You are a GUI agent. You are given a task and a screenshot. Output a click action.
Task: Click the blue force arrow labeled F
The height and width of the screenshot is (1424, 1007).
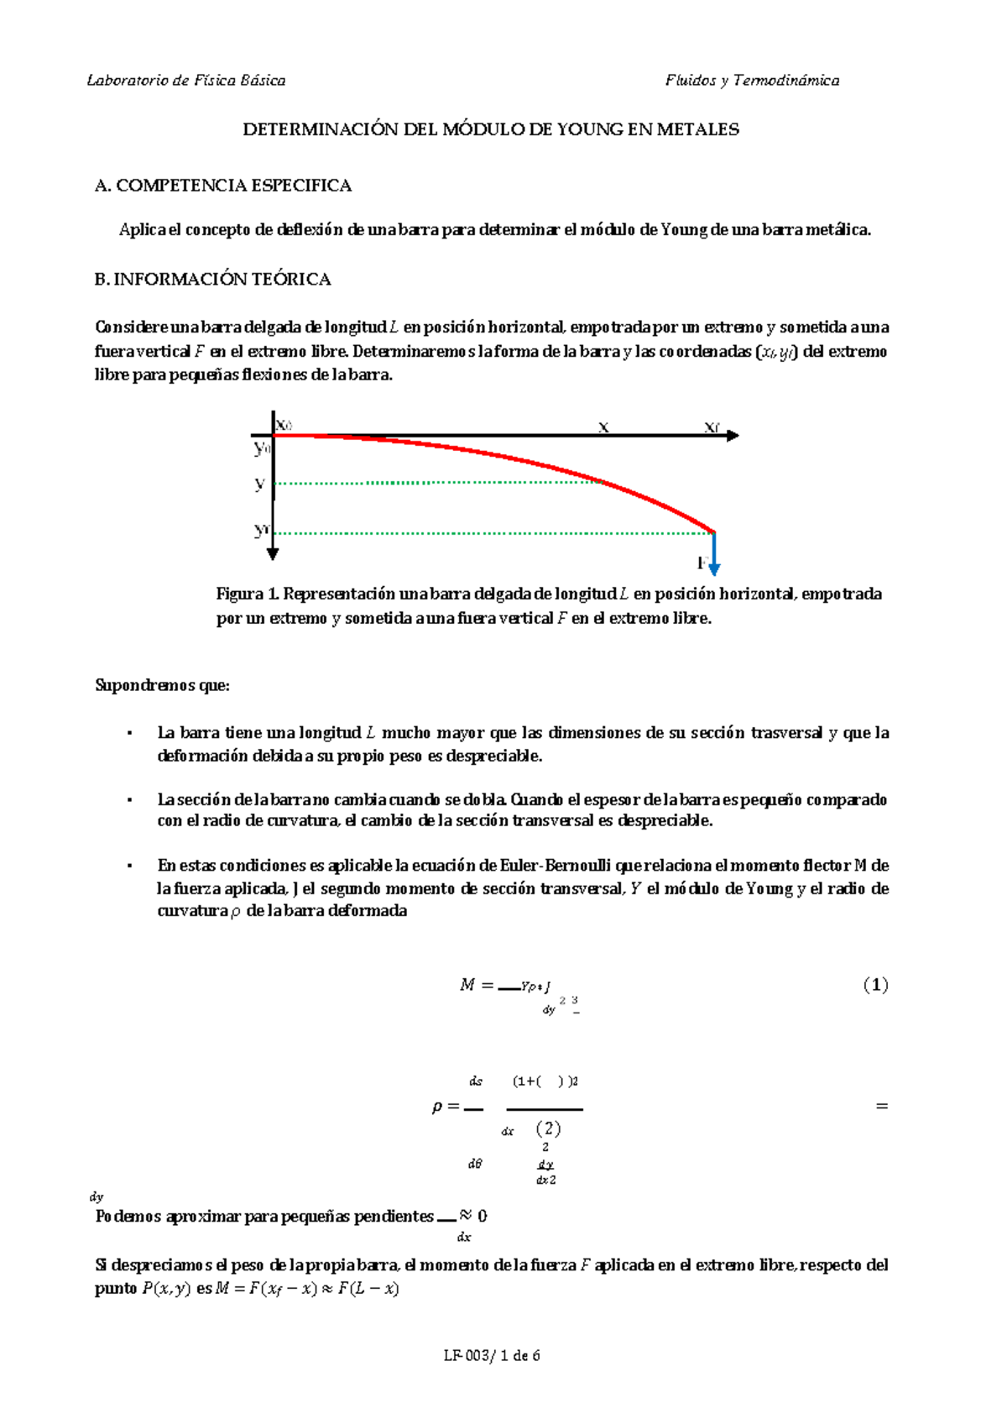pyautogui.click(x=714, y=554)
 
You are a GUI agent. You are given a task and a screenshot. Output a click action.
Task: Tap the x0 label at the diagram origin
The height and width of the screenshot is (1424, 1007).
pyautogui.click(x=284, y=426)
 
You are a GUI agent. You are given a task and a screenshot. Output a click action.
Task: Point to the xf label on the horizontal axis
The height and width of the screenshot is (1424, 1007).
pyautogui.click(x=712, y=427)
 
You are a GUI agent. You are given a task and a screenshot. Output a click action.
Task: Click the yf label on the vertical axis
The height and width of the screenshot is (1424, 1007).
pyautogui.click(x=262, y=530)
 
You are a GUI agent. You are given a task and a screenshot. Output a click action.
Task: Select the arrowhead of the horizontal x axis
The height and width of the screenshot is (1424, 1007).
pyautogui.click(x=733, y=436)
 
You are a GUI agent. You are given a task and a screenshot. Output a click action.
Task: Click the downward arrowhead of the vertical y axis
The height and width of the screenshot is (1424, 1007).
pyautogui.click(x=273, y=553)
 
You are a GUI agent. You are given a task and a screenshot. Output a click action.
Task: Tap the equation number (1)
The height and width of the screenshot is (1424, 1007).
pyautogui.click(x=875, y=985)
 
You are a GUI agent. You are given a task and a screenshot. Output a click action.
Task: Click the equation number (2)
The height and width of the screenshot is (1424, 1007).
pyautogui.click(x=548, y=1128)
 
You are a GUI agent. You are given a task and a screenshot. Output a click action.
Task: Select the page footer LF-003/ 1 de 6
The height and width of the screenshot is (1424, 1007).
pyautogui.click(x=492, y=1355)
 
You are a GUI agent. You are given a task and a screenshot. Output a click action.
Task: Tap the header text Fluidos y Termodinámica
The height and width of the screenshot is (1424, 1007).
pyautogui.click(x=752, y=81)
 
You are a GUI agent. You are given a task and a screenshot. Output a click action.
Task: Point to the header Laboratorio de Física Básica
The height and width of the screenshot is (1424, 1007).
pyautogui.click(x=186, y=81)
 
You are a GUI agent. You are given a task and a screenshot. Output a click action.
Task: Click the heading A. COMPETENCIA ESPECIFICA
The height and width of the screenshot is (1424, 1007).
pyautogui.click(x=223, y=186)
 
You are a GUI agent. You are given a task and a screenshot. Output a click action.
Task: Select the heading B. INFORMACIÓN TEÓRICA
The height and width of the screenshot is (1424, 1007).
pyautogui.click(x=213, y=280)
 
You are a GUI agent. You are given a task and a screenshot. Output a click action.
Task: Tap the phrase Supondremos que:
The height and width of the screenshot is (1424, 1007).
pyautogui.click(x=162, y=685)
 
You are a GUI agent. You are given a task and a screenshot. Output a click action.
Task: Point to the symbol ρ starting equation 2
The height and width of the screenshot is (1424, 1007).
pyautogui.click(x=437, y=1107)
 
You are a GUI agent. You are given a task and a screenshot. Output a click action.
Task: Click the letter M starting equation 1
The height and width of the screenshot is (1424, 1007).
pyautogui.click(x=467, y=985)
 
